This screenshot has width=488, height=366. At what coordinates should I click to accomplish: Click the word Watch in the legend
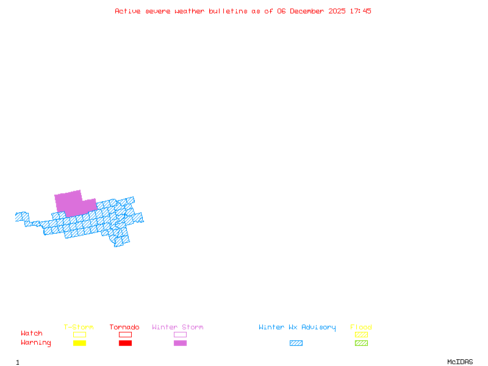32,334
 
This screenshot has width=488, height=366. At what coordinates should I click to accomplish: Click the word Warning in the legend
36,343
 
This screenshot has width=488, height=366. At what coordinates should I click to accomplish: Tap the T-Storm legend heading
79,328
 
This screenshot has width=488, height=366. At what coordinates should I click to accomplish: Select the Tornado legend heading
124,328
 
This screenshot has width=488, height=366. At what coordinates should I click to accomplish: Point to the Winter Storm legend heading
178,328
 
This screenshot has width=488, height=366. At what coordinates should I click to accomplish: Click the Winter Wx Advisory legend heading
297,328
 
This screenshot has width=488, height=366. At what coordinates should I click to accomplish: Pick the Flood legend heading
361,328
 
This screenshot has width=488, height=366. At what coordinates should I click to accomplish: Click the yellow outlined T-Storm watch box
79,334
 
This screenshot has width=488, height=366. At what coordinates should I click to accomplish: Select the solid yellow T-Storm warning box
79,343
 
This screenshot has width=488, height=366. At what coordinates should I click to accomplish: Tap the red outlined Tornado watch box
125,334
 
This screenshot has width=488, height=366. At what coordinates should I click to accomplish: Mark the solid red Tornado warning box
125,343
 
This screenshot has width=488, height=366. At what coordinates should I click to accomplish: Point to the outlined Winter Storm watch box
180,334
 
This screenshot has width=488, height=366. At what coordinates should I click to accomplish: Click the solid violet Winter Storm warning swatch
180,343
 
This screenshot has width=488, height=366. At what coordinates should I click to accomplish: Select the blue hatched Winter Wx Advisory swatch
296,343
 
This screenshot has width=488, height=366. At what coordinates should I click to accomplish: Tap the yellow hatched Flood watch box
361,334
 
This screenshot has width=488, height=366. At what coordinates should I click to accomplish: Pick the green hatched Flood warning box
361,343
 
